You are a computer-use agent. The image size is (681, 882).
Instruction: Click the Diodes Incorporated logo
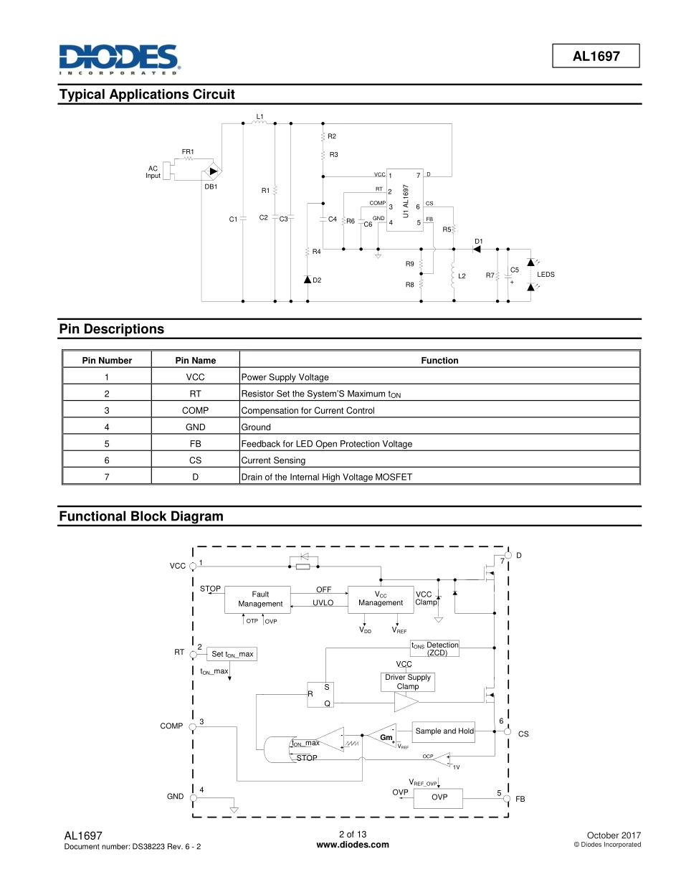tap(119, 60)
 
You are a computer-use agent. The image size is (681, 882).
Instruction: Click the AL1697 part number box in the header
tap(596, 56)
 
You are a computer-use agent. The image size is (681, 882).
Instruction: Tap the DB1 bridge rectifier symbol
tap(213, 172)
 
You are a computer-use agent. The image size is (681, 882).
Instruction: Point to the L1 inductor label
tap(260, 115)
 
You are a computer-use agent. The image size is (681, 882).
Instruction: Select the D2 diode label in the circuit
tap(317, 280)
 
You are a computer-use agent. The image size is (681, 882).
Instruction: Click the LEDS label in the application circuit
tap(546, 275)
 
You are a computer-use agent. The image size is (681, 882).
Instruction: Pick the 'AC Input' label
tap(153, 172)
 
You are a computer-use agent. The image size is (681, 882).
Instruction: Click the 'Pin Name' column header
tap(195, 361)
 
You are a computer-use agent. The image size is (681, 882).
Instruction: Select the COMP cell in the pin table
tap(195, 411)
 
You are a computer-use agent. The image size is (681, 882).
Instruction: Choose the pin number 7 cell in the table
tap(107, 477)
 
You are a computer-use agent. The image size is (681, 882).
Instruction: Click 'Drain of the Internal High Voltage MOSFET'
tap(326, 477)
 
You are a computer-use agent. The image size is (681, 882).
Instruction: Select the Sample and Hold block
tap(444, 731)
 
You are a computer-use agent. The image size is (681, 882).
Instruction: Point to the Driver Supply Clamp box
tap(408, 682)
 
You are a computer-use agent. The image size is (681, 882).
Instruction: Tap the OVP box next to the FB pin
tap(439, 797)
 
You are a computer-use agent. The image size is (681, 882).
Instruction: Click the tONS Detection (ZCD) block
tap(434, 649)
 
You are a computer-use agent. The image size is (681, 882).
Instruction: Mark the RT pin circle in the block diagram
tap(193, 653)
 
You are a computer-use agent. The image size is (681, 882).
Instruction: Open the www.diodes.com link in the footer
tap(353, 845)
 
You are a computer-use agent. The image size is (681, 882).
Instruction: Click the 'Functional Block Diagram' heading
tap(141, 516)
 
